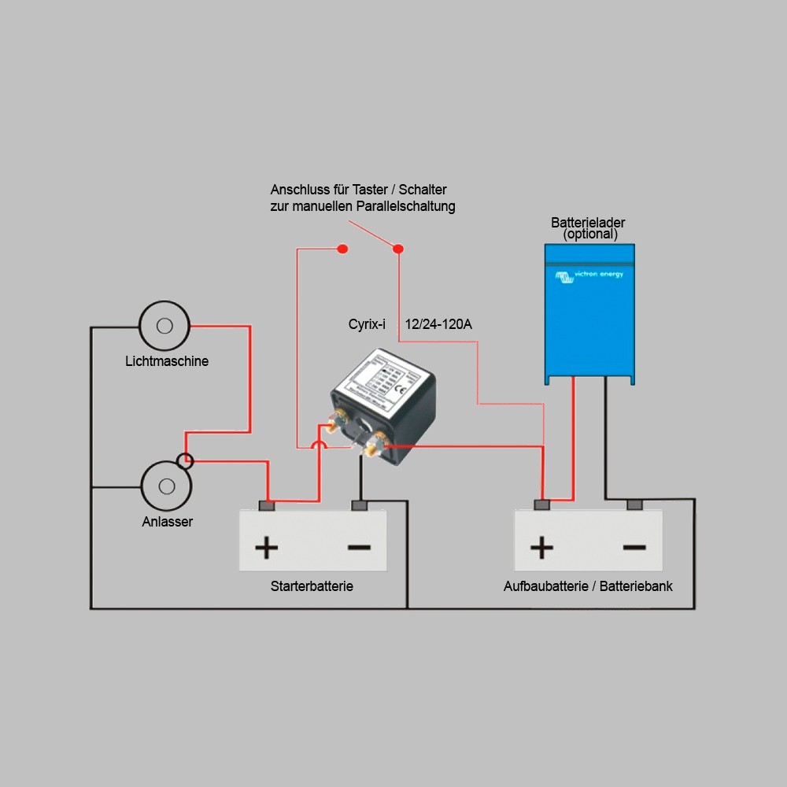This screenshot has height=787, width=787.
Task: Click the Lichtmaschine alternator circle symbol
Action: pyautogui.click(x=164, y=325)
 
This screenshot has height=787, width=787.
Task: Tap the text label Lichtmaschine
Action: pyautogui.click(x=167, y=361)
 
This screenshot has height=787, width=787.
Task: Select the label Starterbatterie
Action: pyautogui.click(x=312, y=586)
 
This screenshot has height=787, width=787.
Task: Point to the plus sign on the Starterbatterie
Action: pyautogui.click(x=266, y=547)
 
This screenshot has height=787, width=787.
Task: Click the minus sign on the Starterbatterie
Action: pyautogui.click(x=359, y=547)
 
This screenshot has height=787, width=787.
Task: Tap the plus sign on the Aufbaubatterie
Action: pyautogui.click(x=541, y=547)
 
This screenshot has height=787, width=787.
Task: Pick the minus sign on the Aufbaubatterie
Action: pyautogui.click(x=634, y=547)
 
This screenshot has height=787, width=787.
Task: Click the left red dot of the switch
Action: pyautogui.click(x=342, y=249)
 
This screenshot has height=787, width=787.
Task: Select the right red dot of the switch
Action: pyautogui.click(x=398, y=249)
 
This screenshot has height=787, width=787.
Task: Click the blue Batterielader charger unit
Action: pyautogui.click(x=589, y=315)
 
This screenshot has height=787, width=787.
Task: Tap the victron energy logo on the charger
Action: pyautogui.click(x=589, y=275)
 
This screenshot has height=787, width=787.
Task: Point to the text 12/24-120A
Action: pyautogui.click(x=438, y=324)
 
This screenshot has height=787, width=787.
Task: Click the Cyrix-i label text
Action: pyautogui.click(x=367, y=324)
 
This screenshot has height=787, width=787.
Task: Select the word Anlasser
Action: pyautogui.click(x=167, y=522)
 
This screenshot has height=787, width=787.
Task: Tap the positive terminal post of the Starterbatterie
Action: pyautogui.click(x=266, y=504)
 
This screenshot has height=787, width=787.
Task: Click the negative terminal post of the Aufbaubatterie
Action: pyautogui.click(x=634, y=504)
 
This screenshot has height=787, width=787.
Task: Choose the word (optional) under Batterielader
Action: pyautogui.click(x=590, y=235)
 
